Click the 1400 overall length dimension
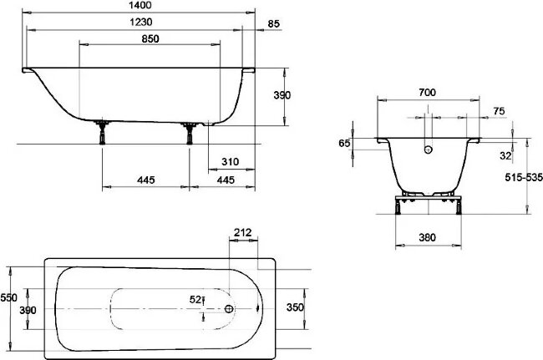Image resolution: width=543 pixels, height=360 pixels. [x=140, y=5]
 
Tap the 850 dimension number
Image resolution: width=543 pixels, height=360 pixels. [x=150, y=38]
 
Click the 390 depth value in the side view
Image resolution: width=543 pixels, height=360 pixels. [x=282, y=96]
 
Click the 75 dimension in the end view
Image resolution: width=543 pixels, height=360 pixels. [x=497, y=110]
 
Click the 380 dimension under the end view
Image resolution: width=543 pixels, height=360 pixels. [x=427, y=237]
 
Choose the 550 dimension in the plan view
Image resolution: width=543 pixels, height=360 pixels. [x=8, y=297]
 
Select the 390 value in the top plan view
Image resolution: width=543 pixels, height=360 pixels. [x=28, y=310]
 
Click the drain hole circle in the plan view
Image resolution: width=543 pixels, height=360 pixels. [x=230, y=308]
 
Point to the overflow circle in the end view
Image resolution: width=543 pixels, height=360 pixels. [x=429, y=150]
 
